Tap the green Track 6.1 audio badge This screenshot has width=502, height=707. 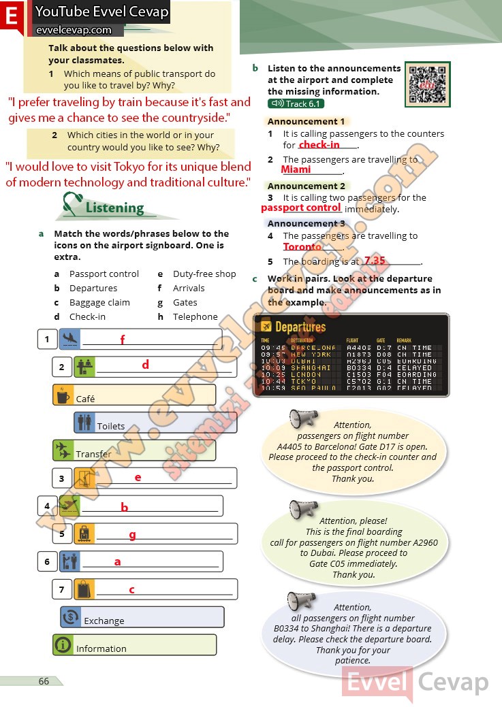click(x=295, y=103)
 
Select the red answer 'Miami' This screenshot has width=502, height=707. click(x=296, y=169)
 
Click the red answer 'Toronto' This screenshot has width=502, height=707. click(x=302, y=247)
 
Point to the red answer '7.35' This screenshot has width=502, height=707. click(x=375, y=261)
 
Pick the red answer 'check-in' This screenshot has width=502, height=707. click(x=319, y=144)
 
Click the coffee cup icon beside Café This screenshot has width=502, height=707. click(x=63, y=395)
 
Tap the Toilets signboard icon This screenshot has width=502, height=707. click(x=84, y=423)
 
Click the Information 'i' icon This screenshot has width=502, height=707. click(x=63, y=644)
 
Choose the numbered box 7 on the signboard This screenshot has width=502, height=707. click(x=61, y=589)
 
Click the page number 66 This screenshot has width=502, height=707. click(x=44, y=681)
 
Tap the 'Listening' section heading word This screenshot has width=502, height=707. click(x=114, y=208)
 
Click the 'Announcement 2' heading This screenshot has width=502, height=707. click(x=307, y=186)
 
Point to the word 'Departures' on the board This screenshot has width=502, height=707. click(x=300, y=327)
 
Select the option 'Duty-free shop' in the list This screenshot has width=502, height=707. click(x=204, y=274)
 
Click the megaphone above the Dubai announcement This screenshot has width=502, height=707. click(x=303, y=509)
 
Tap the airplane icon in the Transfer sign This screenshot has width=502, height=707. click(x=63, y=450)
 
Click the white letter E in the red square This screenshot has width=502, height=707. click(x=12, y=18)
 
